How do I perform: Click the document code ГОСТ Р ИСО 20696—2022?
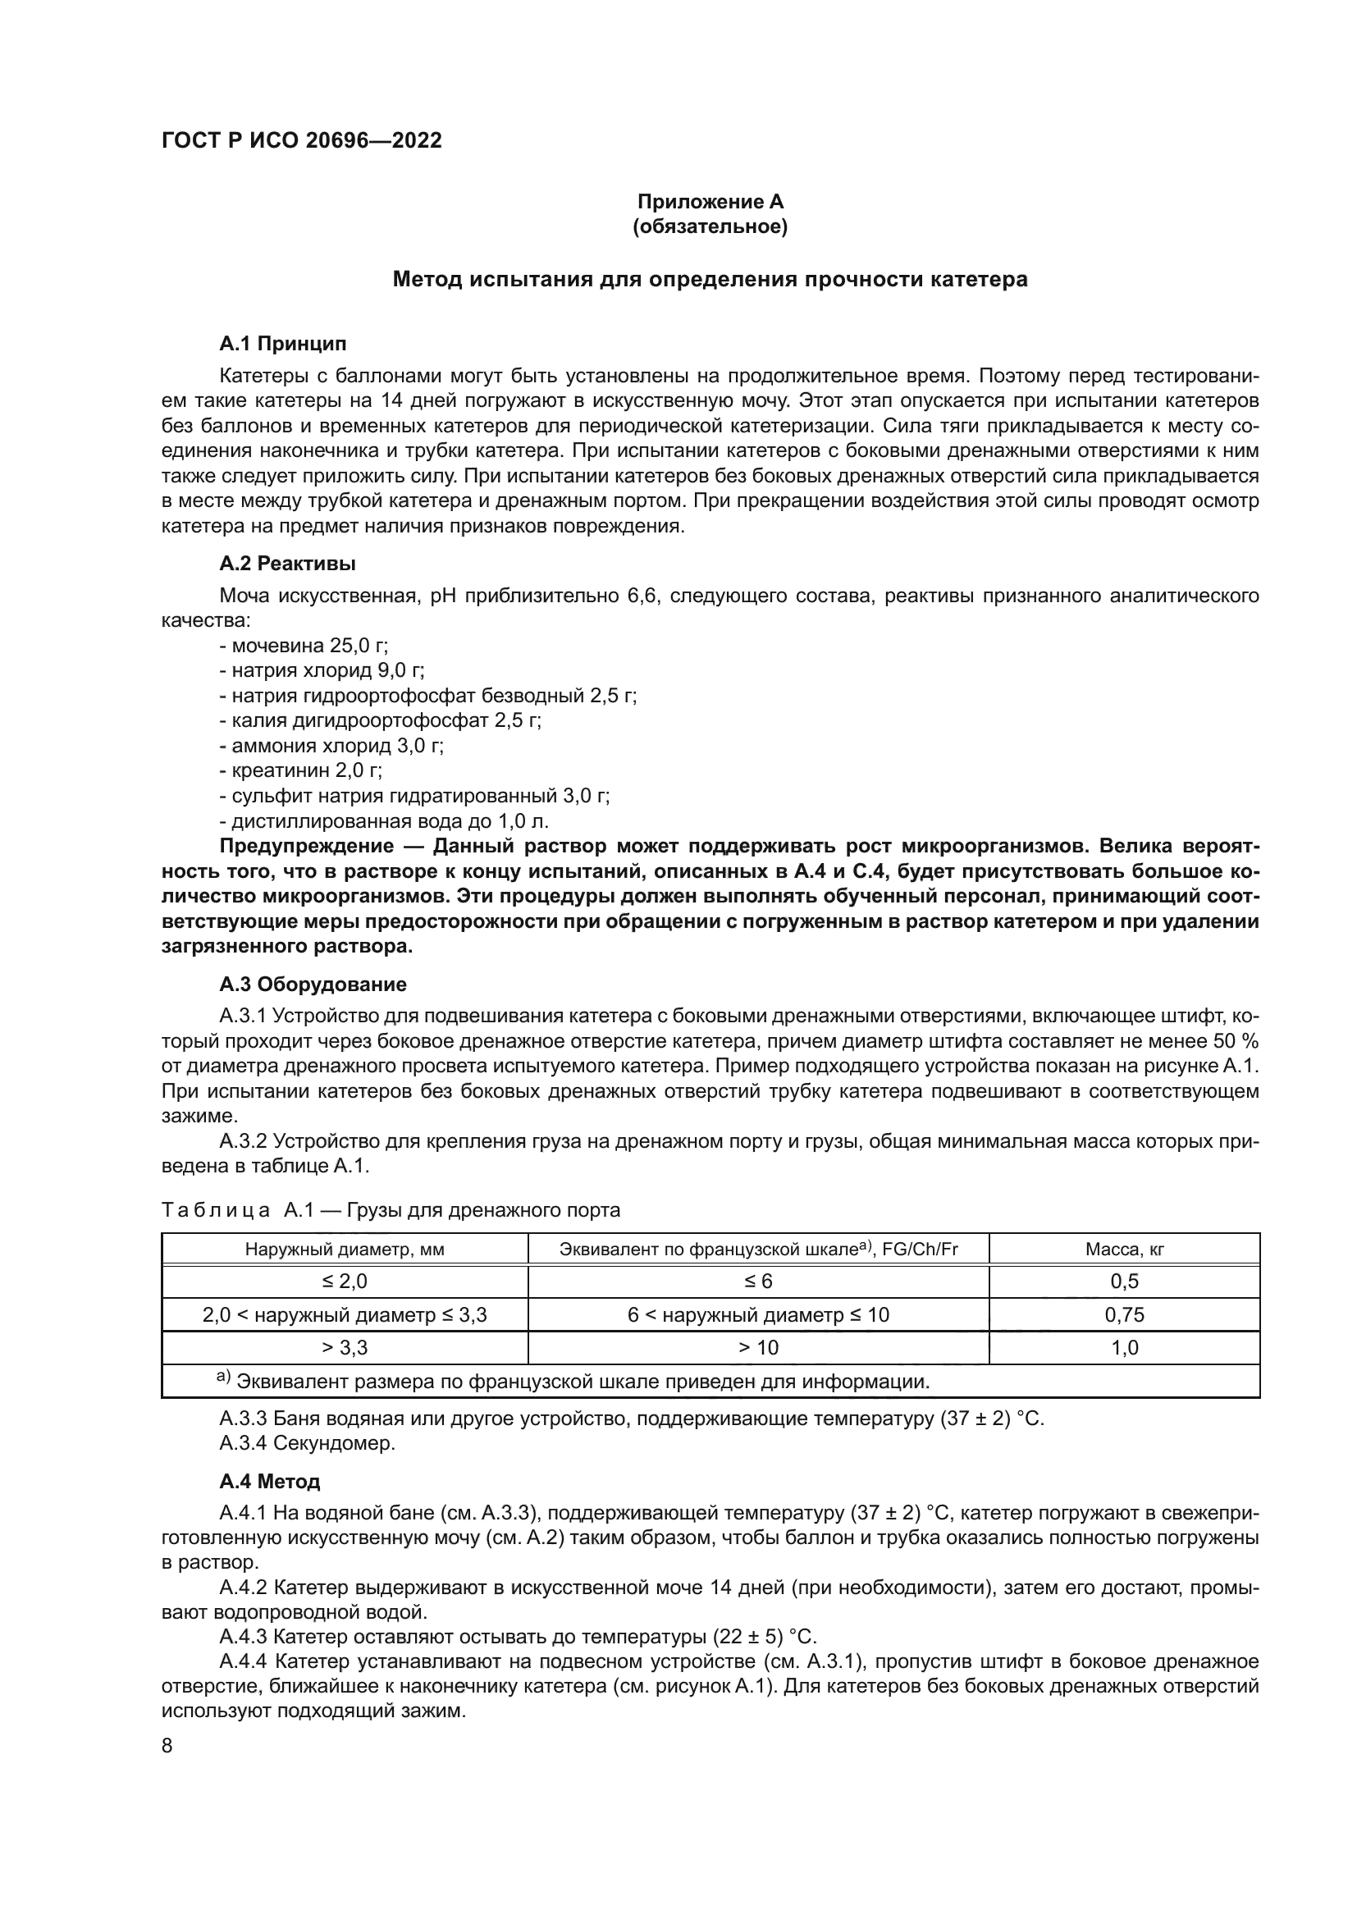tap(302, 140)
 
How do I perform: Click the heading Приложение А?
tap(710, 202)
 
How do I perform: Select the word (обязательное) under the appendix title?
tap(710, 226)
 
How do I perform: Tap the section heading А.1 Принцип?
tap(282, 344)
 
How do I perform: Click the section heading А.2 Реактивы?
tap(287, 564)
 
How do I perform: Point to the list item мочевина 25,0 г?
tap(305, 646)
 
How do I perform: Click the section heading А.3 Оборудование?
tap(313, 984)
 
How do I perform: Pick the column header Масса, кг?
tap(1124, 1250)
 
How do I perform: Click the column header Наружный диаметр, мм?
tap(345, 1250)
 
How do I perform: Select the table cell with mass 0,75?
tap(1124, 1314)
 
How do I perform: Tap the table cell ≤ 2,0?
tap(345, 1282)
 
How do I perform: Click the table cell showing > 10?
tap(758, 1347)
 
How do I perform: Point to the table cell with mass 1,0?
tap(1124, 1347)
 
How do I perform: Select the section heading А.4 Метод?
tap(269, 1482)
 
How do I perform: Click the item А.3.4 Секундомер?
tap(307, 1442)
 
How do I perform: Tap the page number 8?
tap(167, 1745)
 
